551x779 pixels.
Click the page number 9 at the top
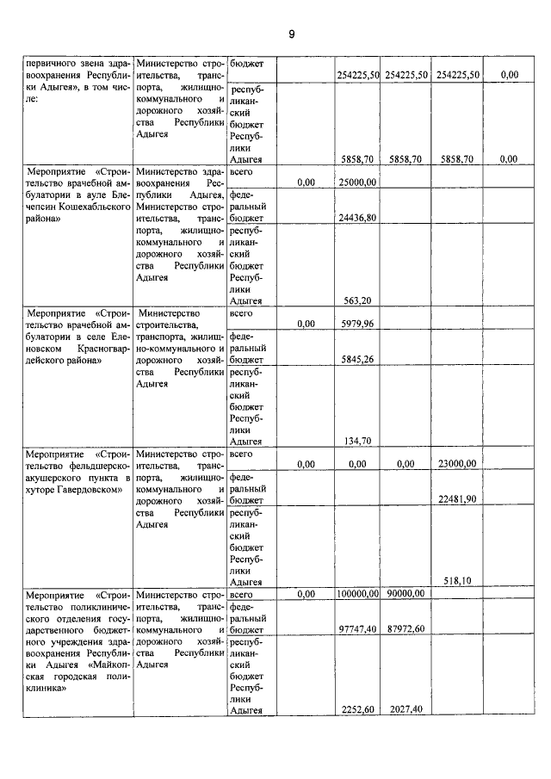(291, 34)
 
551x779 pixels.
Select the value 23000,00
(458, 464)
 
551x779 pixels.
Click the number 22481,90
(458, 499)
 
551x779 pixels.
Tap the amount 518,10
(458, 582)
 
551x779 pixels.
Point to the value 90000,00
(406, 594)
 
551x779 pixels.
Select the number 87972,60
(406, 630)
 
